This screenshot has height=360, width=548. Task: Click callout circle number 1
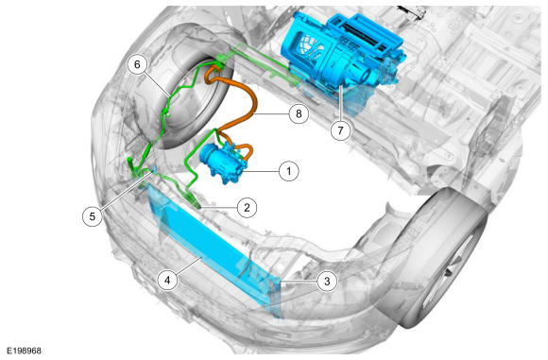coord(289,171)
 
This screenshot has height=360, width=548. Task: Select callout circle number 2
coord(247,208)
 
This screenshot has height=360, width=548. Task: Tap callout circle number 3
coord(327,281)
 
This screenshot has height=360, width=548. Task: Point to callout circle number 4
coord(168,281)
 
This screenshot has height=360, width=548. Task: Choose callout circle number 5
coord(93,216)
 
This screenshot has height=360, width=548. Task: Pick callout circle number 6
coord(137,64)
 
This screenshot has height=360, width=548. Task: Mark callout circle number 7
coord(340,130)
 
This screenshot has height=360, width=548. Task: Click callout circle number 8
coord(299,113)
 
